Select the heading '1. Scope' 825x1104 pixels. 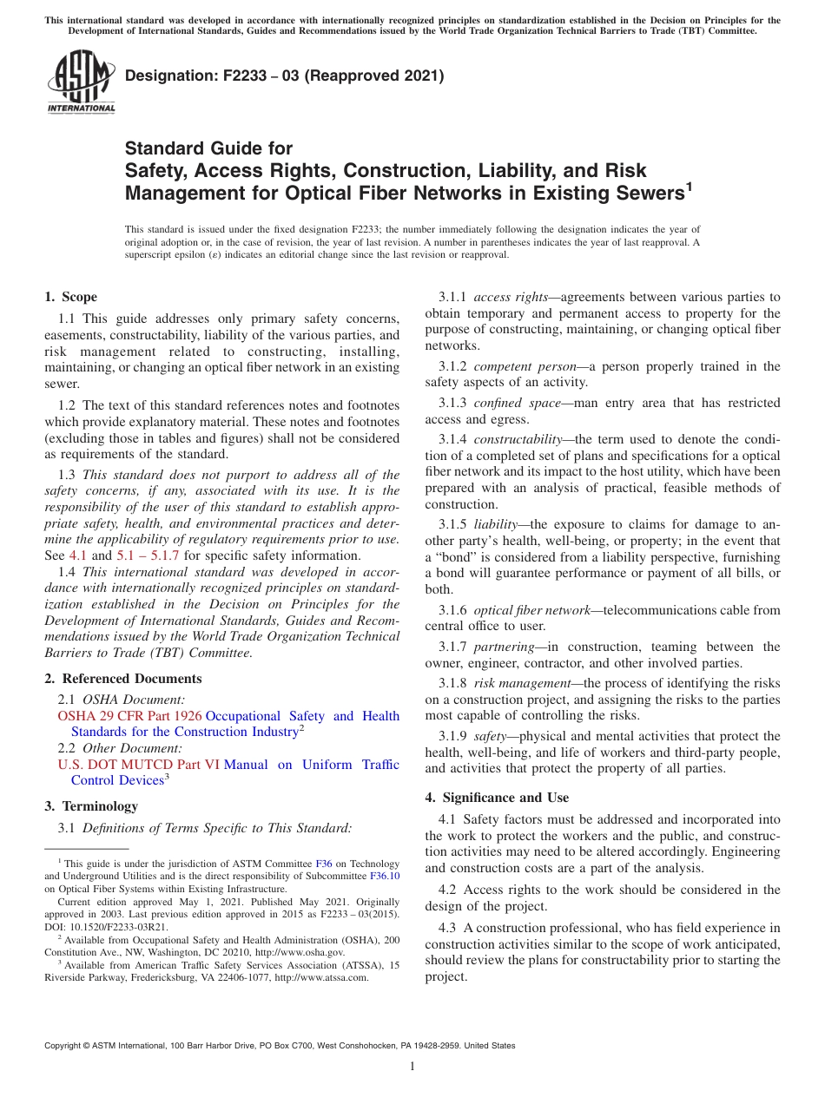click(x=70, y=297)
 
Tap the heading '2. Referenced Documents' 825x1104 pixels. click(x=123, y=679)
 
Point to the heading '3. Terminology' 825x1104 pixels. click(x=91, y=806)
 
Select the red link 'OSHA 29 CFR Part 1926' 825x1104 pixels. click(x=129, y=716)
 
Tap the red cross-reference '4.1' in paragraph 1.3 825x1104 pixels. click(x=78, y=555)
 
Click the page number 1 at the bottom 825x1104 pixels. click(x=412, y=1067)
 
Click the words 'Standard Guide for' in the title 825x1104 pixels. click(x=208, y=148)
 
